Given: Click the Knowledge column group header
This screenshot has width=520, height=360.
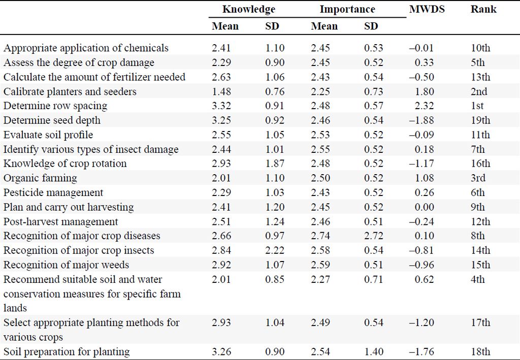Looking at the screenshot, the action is coord(249,10).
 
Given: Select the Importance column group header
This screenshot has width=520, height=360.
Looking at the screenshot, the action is coord(347,10).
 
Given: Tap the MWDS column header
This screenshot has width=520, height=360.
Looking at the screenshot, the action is coord(427,9).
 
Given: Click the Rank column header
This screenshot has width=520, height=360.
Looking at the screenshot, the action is coord(483,9).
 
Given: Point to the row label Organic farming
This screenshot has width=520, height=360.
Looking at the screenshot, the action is coord(40,178).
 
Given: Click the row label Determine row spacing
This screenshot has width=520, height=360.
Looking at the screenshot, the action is coord(55,106).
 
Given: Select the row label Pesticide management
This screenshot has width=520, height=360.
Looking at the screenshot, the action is coord(53,192).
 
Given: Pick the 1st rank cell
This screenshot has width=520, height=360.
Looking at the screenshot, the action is coord(477,106).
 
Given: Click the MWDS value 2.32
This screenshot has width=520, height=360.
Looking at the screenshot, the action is coord(424,106).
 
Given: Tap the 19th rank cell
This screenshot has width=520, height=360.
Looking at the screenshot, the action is coord(480,120).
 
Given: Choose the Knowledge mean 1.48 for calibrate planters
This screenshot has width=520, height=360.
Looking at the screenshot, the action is coord(221,91).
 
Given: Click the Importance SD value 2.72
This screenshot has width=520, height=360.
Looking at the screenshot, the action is coord(373,236).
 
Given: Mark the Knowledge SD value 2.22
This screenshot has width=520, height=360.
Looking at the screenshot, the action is coord(275,250).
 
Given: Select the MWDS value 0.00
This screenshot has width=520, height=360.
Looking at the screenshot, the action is coord(424,207).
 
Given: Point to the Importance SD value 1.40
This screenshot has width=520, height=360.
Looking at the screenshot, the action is coord(373,351).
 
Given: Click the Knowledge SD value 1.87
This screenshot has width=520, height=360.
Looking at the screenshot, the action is coord(275,163).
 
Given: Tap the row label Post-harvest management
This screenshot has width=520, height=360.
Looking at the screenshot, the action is coord(61,221).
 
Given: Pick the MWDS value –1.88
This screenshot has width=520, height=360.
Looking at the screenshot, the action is coord(421,120).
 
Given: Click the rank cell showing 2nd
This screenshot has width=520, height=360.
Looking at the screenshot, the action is coord(479,91).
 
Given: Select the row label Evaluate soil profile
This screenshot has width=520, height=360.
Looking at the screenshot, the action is coord(48,135).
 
